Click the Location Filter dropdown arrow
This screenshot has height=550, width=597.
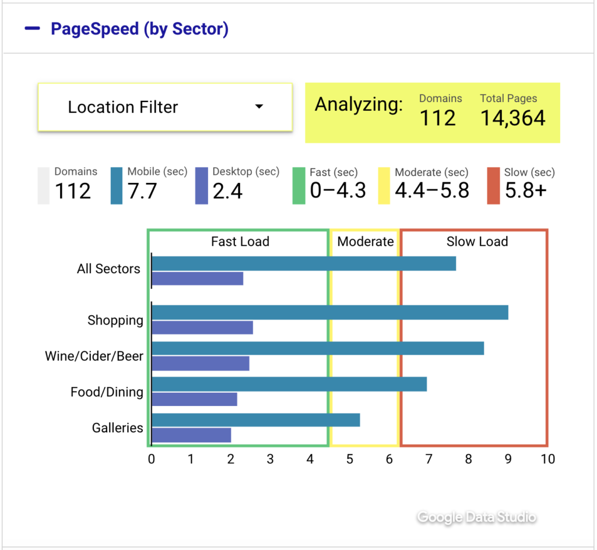tap(259, 107)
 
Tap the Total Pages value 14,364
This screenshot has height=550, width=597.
tap(512, 118)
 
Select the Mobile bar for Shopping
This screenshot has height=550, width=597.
tap(329, 312)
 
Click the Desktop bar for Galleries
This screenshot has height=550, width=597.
tap(191, 435)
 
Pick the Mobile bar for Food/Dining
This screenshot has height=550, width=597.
tap(289, 384)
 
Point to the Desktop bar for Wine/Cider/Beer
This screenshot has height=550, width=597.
tap(201, 364)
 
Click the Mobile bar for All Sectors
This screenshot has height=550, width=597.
tap(303, 263)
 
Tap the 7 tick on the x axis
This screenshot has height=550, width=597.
tap(429, 459)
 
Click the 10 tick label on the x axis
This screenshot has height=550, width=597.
tap(547, 459)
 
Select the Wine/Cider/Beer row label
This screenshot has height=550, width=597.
tap(94, 356)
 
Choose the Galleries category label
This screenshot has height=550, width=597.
tap(117, 428)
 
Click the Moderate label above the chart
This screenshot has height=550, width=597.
tap(366, 241)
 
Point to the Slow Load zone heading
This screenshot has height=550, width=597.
tap(477, 241)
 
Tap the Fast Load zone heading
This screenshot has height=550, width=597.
tap(240, 241)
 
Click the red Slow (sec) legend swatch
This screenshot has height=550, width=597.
tap(493, 186)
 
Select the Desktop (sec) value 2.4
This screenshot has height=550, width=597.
tap(228, 191)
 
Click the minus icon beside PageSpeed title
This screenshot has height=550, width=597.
tap(33, 28)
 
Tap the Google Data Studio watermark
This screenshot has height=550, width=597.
tap(476, 517)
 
